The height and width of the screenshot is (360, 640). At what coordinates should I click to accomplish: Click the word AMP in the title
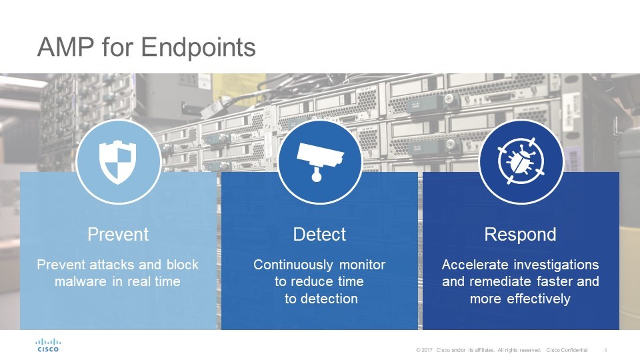pos(65,47)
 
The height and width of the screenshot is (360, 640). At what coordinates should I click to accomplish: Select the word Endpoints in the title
pos(199,48)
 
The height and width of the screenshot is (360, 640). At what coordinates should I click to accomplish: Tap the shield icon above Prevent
pos(117,162)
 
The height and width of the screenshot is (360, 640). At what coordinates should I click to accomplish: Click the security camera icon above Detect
pos(319,161)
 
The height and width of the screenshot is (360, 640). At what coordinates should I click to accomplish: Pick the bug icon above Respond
pos(521,161)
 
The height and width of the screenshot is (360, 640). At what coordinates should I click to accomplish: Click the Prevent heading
pos(118,234)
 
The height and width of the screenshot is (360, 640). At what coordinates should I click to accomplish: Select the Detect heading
pos(319,234)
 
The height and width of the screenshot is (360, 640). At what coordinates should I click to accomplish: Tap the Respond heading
pos(521,235)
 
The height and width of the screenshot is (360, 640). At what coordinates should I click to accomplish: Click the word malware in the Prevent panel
pos(81,281)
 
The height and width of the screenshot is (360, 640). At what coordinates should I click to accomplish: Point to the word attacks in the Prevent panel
pos(112,265)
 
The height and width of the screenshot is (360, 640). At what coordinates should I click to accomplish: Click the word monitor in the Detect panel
pos(363,265)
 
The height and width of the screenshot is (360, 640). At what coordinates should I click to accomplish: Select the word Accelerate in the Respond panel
pos(469,265)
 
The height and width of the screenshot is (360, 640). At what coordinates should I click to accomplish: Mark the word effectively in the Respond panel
pos(539,299)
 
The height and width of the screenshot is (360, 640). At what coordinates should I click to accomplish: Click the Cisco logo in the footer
pos(48,345)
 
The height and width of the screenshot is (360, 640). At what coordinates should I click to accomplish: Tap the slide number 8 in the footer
pos(606,350)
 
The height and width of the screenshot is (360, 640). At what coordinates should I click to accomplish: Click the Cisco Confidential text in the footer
pos(567,350)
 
